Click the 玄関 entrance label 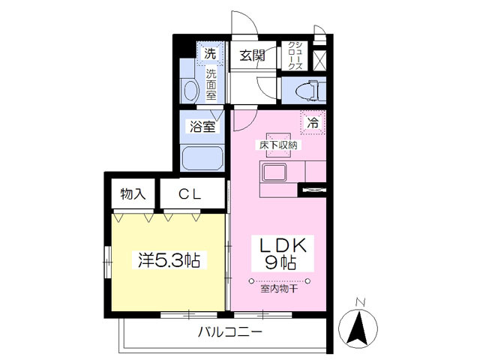click(253, 55)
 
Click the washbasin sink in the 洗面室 click(190, 92)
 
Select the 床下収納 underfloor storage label click(278, 144)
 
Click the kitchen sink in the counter click(272, 173)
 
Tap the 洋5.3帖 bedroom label click(168, 261)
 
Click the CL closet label click(190, 194)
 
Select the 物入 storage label click(133, 194)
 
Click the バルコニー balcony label click(229, 331)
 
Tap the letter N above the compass click(359, 303)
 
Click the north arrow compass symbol click(359, 327)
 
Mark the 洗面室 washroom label click(211, 83)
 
